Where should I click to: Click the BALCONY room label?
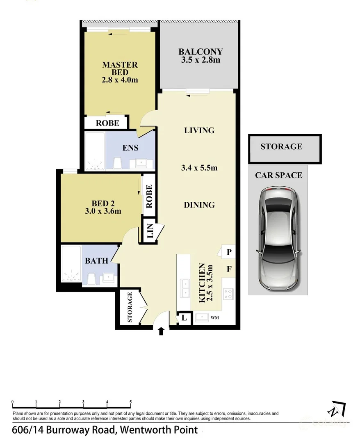click(201, 52)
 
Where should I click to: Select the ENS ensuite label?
click(130, 148)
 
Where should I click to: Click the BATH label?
click(97, 260)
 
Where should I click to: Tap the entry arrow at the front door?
click(161, 331)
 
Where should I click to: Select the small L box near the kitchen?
click(184, 318)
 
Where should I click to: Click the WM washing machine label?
click(214, 317)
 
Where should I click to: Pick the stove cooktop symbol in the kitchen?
click(228, 294)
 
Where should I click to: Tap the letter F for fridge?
click(229, 269)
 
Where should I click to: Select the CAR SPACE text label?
click(278, 175)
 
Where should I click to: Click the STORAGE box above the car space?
click(281, 146)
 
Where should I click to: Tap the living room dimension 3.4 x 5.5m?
click(199, 167)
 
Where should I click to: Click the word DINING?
click(199, 205)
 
